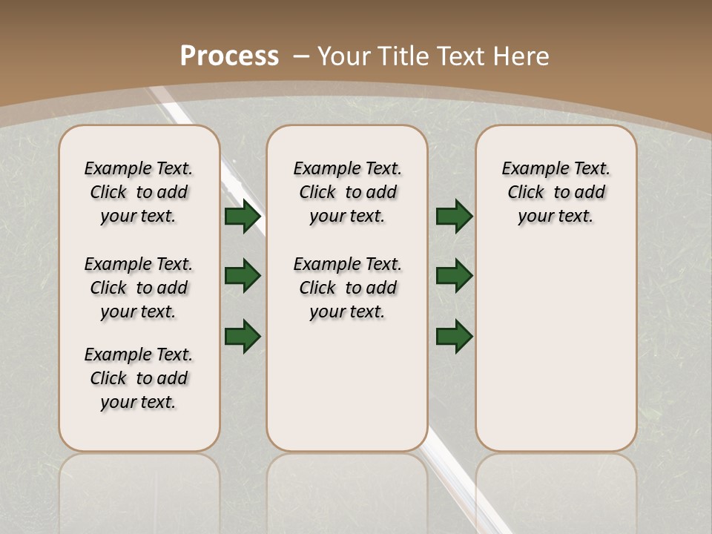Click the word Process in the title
point(230,56)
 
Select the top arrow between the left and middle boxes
point(243,217)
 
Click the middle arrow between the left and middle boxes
point(243,276)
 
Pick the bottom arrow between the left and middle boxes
point(243,335)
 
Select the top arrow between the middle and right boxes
point(454,217)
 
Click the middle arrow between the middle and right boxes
point(454,276)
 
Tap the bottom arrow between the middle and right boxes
point(454,335)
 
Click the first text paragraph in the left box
point(139,192)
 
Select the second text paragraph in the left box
point(139,288)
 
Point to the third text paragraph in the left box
point(139,378)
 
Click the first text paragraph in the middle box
point(347,192)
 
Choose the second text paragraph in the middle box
point(347,288)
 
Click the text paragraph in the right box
point(556,192)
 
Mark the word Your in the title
point(345,56)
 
